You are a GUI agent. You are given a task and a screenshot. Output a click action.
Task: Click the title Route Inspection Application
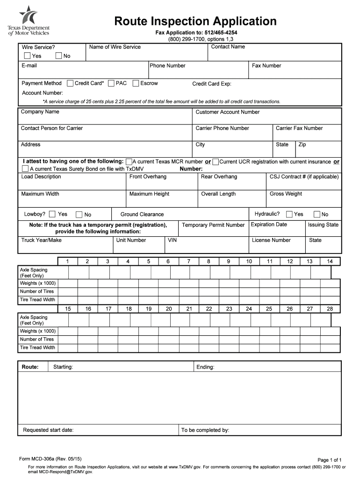[196, 21]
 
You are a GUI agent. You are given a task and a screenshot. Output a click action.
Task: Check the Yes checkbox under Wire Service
[27, 56]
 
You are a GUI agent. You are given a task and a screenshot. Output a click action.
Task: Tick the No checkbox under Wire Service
[59, 56]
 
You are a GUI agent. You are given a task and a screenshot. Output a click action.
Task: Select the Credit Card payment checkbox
[70, 84]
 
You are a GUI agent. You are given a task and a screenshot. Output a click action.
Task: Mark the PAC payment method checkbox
[111, 84]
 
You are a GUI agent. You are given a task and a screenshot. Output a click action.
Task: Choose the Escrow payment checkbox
[136, 84]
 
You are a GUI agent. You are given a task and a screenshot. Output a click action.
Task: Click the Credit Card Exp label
[212, 84]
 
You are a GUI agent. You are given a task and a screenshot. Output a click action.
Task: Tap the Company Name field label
[40, 112]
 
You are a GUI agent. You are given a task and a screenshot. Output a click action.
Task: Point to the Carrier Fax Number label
[299, 128]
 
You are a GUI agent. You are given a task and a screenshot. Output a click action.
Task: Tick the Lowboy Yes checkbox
[52, 214]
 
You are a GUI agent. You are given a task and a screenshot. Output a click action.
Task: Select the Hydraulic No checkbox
[317, 215]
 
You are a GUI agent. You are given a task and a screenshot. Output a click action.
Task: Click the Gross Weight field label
[286, 194]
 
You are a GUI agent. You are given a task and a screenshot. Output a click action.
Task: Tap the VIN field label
[173, 240]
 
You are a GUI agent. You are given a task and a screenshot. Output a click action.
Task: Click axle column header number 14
[330, 261]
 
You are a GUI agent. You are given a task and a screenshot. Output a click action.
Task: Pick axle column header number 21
[189, 309]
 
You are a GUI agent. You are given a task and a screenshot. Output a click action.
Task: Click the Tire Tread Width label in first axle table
[37, 300]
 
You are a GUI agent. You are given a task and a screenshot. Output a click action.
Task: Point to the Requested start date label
[48, 430]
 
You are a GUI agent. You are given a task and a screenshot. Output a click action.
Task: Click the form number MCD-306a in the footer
[52, 459]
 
